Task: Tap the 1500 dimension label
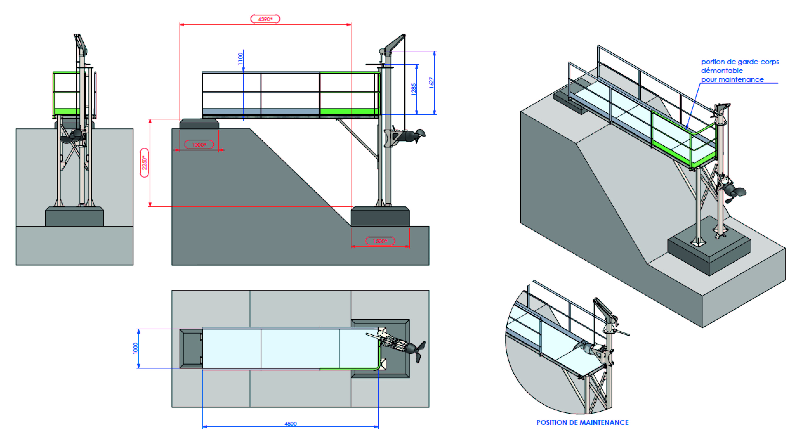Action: [x=380, y=241]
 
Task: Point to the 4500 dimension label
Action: [x=290, y=424]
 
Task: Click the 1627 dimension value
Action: [x=431, y=83]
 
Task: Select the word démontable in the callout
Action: [x=722, y=71]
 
